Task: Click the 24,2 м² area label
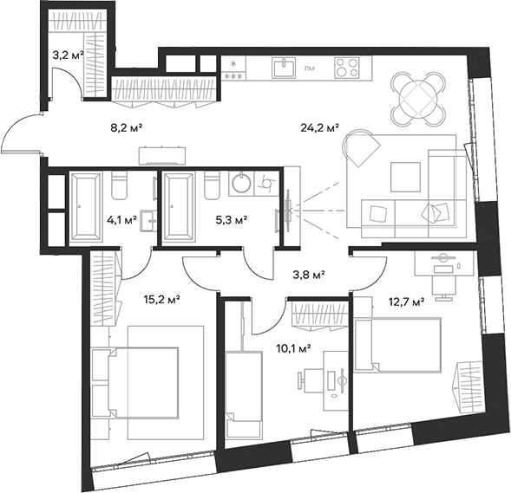(x=320, y=133)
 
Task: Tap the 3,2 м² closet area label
(x=68, y=55)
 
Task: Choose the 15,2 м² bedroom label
(x=161, y=300)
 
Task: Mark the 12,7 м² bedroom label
(x=406, y=302)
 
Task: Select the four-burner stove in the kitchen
(x=347, y=68)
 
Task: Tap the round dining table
(x=416, y=96)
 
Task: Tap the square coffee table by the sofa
(x=403, y=177)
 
